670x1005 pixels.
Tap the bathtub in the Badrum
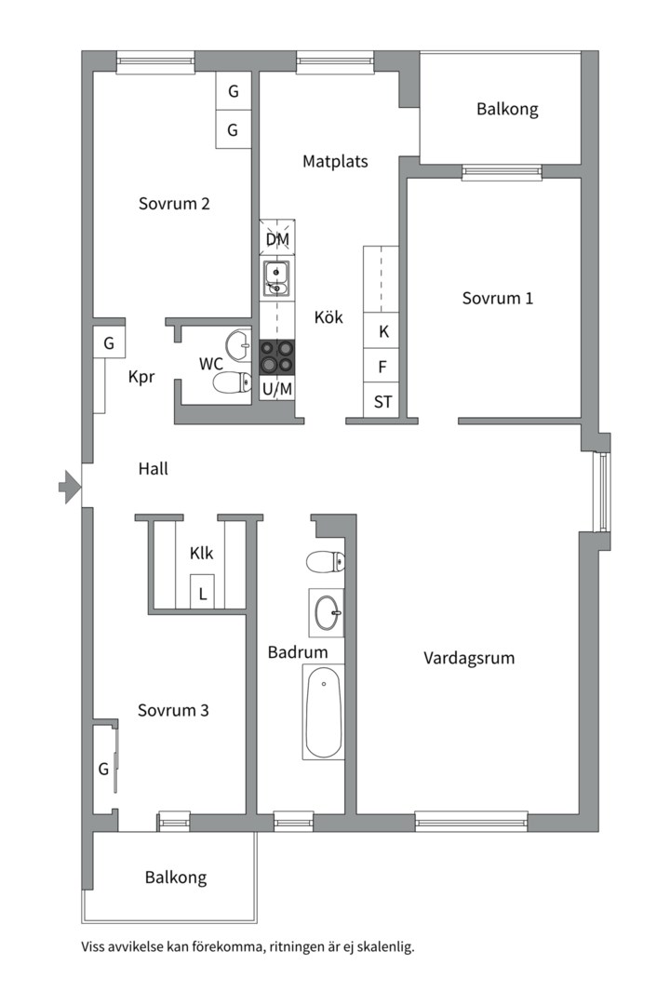coord(324,712)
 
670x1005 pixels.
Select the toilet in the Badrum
coord(325,562)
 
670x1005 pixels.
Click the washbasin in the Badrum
coord(327,612)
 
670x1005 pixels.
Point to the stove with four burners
coord(277,356)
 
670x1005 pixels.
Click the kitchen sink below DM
coord(277,277)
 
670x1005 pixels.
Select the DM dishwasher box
coord(277,239)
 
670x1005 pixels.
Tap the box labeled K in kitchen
coord(382,330)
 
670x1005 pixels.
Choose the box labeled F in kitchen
coord(382,366)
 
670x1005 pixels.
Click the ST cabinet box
coord(382,402)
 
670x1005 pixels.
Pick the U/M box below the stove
coord(277,389)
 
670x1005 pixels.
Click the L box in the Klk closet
coord(203,591)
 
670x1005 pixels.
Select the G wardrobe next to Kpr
coord(109,343)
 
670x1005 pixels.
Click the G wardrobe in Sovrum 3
coord(104,769)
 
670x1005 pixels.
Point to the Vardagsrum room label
coord(469,658)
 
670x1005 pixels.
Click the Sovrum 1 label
coord(498,299)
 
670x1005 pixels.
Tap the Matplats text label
coord(335,161)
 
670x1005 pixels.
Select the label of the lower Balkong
coord(175,877)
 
